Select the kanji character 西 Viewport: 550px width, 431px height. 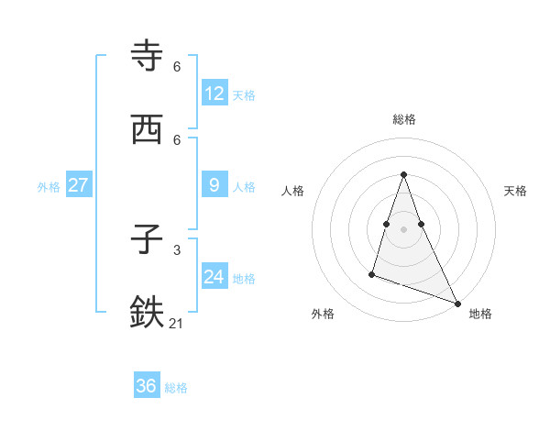[148, 130]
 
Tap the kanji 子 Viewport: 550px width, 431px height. [148, 240]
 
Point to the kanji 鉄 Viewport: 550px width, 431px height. [148, 313]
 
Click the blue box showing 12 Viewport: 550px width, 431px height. [214, 93]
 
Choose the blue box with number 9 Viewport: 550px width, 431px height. [214, 185]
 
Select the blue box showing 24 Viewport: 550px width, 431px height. [214, 277]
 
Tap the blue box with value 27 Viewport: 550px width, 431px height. [78, 185]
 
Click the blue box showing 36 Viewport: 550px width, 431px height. [147, 386]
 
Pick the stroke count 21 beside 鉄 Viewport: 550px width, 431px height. [177, 323]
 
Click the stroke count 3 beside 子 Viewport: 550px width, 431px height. [177, 249]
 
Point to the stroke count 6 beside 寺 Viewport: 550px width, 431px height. [177, 67]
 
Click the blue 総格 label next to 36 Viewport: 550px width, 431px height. [176, 388]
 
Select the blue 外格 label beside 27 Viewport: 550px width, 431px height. [49, 187]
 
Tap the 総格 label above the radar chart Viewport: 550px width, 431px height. [404, 119]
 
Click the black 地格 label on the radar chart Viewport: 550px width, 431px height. [480, 315]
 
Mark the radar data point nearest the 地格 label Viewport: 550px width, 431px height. [456, 302]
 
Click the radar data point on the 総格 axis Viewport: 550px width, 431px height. [404, 174]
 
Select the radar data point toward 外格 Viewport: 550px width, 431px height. [372, 273]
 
